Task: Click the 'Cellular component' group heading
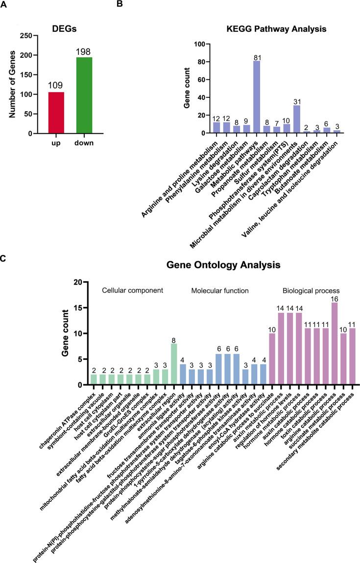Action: click(x=132, y=291)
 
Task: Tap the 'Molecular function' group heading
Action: click(x=220, y=291)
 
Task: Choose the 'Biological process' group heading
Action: click(x=311, y=291)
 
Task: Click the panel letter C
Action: click(x=3, y=258)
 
